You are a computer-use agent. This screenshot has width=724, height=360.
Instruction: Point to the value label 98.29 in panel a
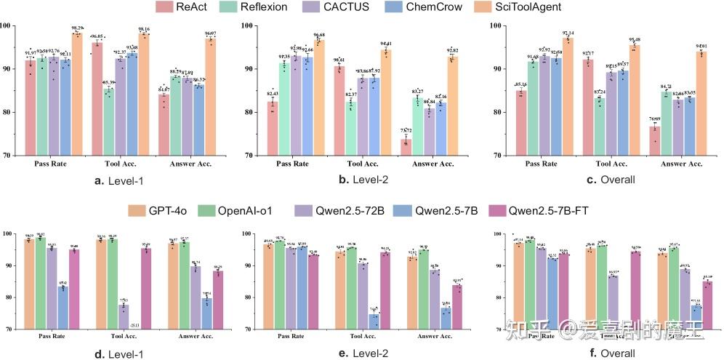[x=77, y=26]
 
